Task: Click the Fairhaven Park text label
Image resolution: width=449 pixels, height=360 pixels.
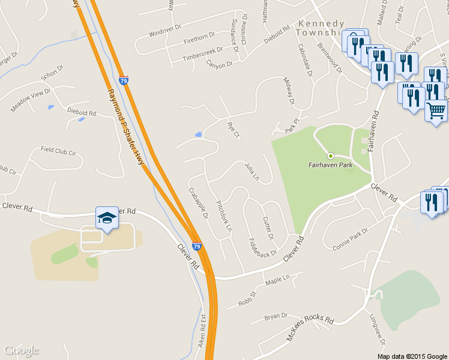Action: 330,165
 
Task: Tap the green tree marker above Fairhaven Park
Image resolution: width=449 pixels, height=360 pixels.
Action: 330,155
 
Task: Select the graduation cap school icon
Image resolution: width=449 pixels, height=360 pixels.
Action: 107,217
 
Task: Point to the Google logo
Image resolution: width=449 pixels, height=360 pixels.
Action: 21,350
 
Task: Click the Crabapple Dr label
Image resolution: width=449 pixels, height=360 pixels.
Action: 197,203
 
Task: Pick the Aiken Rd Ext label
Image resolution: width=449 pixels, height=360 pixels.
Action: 202,332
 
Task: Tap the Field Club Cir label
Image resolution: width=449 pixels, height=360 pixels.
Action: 58,151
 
